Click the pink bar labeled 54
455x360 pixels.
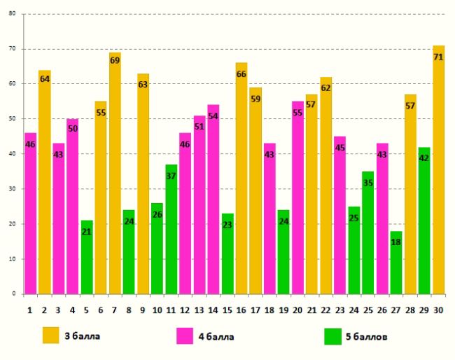pos(213,199)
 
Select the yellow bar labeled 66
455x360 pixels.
pos(241,178)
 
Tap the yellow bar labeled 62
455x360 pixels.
pos(325,185)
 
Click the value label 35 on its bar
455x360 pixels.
pos(368,183)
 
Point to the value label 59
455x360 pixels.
pos(255,99)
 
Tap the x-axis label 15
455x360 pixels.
pos(227,309)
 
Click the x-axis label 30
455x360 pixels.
pos(438,309)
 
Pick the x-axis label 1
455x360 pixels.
pos(30,309)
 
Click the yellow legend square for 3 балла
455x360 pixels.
pos(51,335)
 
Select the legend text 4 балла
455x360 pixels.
pos(217,337)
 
